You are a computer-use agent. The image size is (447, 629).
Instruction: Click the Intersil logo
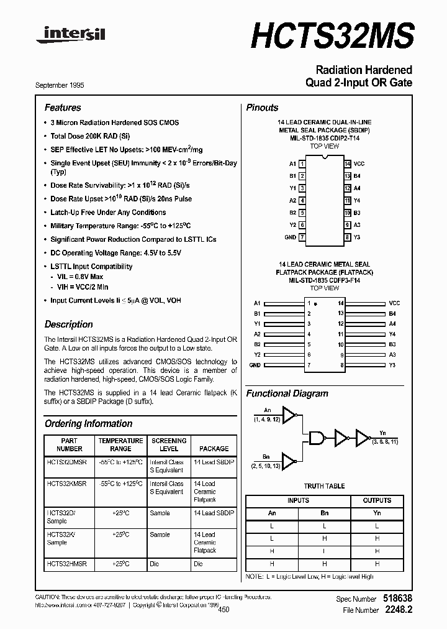tap(70, 35)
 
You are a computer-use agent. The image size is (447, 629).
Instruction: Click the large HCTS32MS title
tap(332, 34)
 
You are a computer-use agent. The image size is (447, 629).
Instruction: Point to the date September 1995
tap(60, 85)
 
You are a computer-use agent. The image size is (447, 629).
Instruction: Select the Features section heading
tap(63, 108)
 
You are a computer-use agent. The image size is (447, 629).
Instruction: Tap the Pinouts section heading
tap(262, 108)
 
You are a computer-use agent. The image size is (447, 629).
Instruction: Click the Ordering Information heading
tap(88, 424)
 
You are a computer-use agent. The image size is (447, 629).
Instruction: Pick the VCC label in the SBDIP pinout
tap(359, 163)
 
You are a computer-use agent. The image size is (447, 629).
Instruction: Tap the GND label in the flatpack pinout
tap(255, 365)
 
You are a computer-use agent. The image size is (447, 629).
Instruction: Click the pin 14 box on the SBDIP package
tap(348, 163)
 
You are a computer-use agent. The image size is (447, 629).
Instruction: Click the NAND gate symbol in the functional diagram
tap(317, 438)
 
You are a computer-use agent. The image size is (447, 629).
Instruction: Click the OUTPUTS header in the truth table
tap(377, 500)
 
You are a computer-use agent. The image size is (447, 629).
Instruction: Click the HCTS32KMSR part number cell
tap(67, 484)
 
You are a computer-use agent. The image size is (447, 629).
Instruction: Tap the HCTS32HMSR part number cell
tap(67, 564)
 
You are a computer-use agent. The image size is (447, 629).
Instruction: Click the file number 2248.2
tap(399, 610)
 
